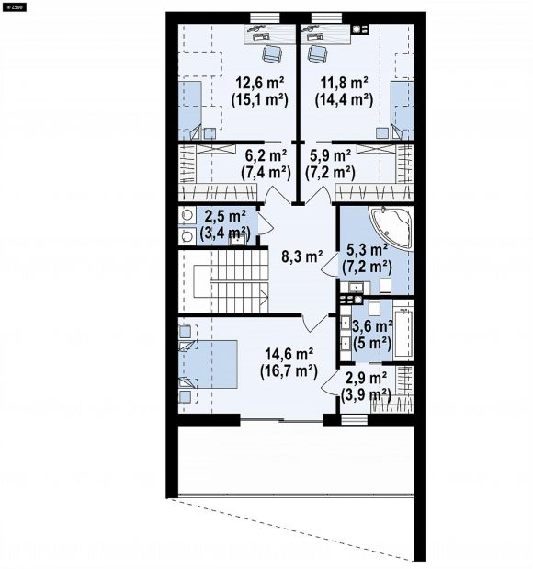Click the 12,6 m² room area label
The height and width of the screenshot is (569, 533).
tap(260, 83)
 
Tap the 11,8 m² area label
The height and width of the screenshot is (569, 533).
tap(344, 83)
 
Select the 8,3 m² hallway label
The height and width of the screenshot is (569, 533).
tap(302, 256)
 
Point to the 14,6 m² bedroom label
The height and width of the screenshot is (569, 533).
tap(289, 354)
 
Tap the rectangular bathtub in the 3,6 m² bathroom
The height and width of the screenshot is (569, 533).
tap(403, 332)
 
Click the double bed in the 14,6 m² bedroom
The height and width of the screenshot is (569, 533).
tap(208, 364)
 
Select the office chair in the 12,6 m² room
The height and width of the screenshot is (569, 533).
tap(272, 53)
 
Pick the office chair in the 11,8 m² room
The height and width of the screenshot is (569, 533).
tap(318, 53)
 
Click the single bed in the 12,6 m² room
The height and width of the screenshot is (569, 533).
tap(189, 110)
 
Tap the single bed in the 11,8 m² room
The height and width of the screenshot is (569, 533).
tap(402, 110)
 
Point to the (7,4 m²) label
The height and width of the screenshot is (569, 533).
tap(266, 173)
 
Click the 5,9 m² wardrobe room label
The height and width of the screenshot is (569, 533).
tap(330, 155)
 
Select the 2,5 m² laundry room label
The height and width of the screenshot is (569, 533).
tap(225, 217)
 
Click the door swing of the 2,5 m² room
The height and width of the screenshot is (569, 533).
tap(266, 223)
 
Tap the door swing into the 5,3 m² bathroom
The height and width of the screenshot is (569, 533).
tap(330, 264)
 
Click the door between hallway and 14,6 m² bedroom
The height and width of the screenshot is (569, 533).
tap(312, 323)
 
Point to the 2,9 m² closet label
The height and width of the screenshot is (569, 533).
tap(366, 379)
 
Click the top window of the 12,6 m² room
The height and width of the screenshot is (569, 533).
tap(265, 18)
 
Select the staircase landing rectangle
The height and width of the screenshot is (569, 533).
tap(201, 281)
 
